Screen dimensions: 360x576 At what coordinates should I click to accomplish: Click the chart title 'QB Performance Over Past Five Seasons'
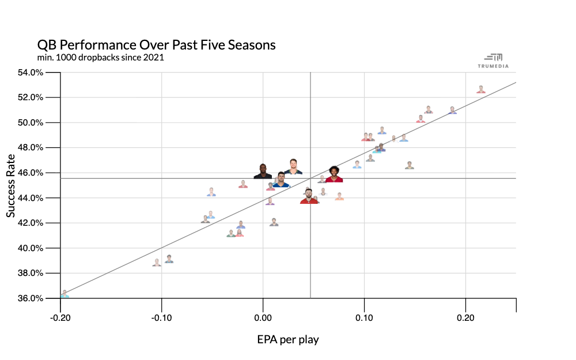156,45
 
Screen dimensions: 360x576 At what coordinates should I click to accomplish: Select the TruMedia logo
493,60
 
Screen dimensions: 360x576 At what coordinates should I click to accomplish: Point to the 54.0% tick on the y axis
31,73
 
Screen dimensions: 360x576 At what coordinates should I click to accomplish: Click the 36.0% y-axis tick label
31,298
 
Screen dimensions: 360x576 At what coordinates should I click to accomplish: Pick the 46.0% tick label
31,173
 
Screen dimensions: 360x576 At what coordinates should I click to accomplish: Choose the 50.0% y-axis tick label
31,123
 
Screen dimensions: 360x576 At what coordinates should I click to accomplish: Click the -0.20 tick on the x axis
60,317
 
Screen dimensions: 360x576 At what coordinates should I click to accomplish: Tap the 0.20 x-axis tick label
465,317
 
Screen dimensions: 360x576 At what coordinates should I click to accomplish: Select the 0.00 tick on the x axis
263,317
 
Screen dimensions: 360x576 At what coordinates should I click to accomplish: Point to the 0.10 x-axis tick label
364,317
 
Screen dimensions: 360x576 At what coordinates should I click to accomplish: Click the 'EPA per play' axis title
288,339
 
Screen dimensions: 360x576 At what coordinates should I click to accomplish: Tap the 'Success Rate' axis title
11,185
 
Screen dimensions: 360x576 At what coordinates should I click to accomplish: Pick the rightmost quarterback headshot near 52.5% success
481,89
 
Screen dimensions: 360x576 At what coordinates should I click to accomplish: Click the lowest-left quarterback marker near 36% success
65,294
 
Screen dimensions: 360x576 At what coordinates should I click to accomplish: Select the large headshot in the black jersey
263,171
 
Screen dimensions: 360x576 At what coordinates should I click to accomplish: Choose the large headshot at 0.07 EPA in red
334,175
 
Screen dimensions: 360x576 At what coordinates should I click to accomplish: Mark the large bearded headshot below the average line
309,196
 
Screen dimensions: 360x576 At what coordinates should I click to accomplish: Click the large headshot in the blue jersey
281,180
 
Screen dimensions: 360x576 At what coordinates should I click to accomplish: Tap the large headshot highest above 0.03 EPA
293,166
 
